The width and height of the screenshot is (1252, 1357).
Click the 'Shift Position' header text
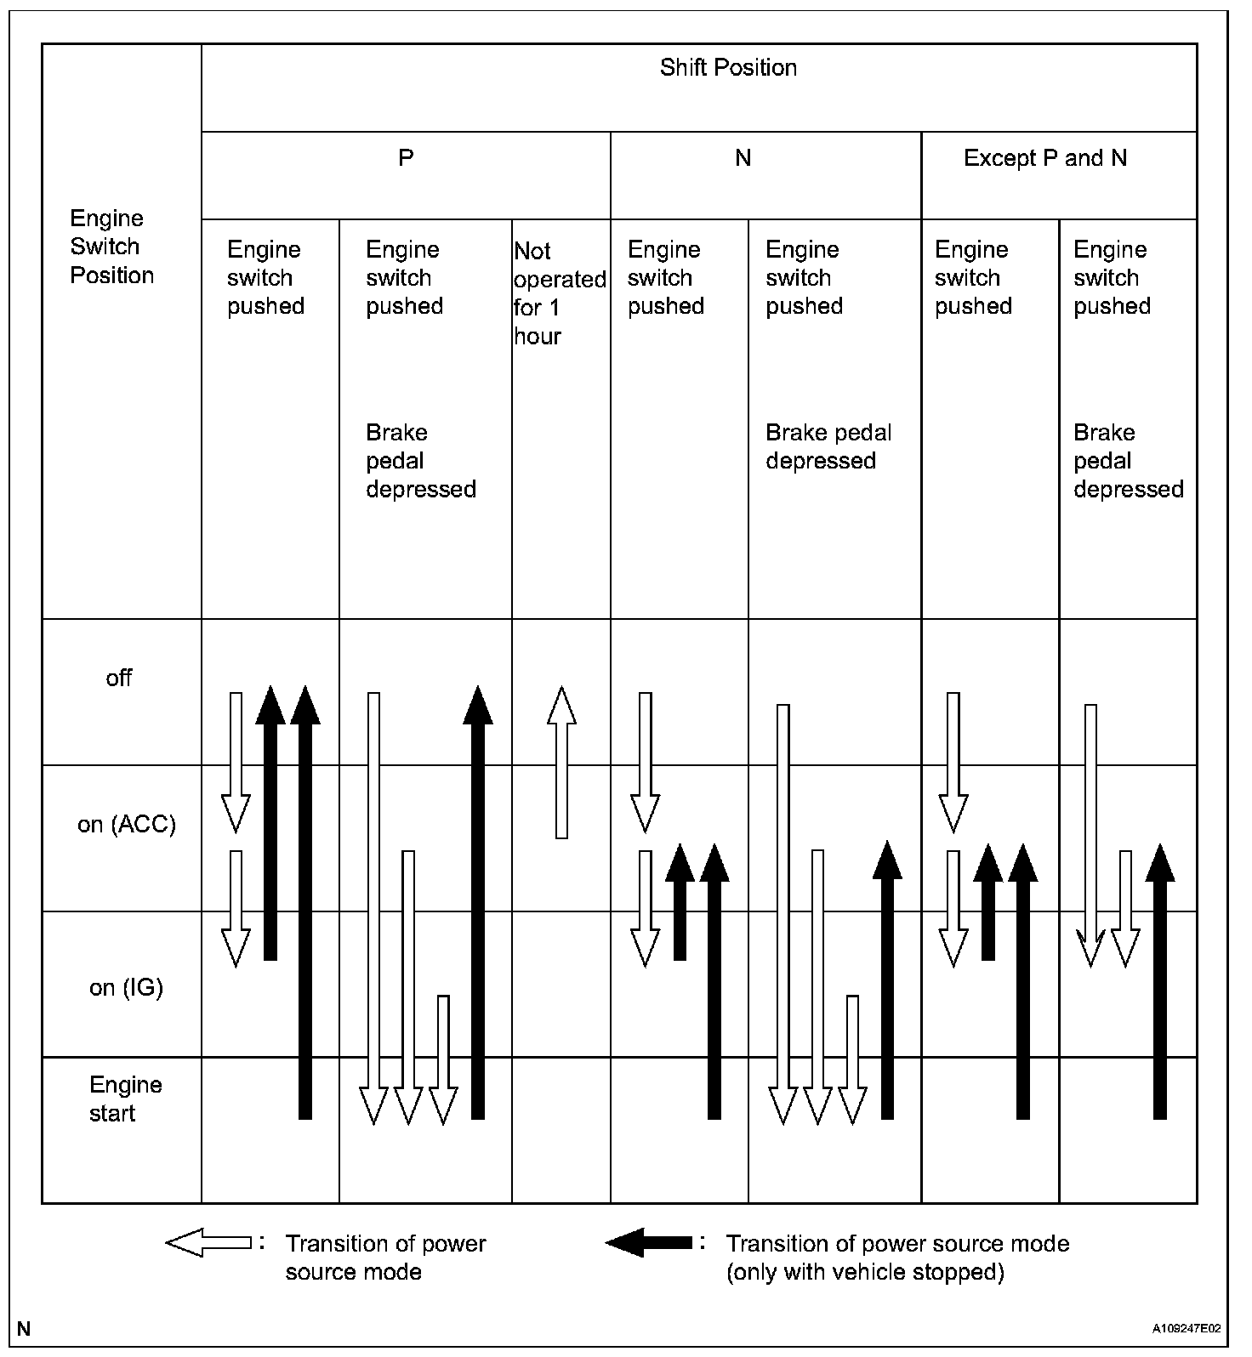pos(728,68)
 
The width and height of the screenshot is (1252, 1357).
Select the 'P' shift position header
pos(406,158)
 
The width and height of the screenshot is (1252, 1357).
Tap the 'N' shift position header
pos(743,158)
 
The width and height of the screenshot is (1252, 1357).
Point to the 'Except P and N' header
pos(1044,158)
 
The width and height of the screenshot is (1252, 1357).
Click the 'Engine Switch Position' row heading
pos(111,247)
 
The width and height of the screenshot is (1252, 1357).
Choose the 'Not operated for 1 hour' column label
pos(559,293)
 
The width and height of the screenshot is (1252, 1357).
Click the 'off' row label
pos(119,678)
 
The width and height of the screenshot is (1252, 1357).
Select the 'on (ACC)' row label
pos(126,824)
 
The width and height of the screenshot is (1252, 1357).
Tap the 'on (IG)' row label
pos(126,987)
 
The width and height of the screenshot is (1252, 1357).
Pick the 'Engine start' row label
pos(124,1099)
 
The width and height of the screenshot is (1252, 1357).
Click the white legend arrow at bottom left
pos(208,1243)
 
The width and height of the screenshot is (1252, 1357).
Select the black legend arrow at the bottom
pos(648,1243)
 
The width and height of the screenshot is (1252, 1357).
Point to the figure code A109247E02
pos(1187,1328)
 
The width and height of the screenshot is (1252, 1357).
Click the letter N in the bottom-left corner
pos(24,1329)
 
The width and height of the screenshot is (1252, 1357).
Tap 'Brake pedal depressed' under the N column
pos(828,446)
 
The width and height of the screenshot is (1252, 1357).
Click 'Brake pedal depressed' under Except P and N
pos(1127,461)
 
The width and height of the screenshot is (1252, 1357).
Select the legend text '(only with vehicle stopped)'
pos(864,1273)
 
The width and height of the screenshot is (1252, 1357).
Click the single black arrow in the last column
pos(1160,981)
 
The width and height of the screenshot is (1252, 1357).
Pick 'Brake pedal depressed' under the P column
pos(420,461)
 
